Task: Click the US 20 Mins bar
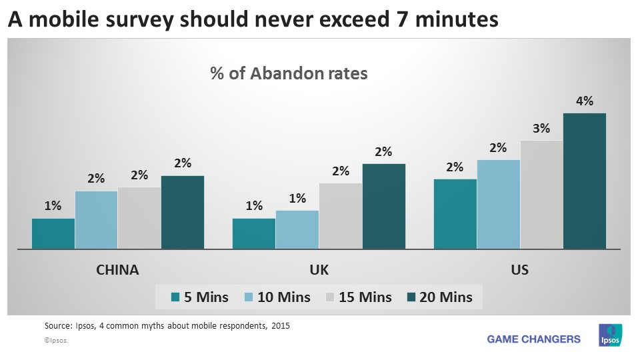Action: tap(585, 181)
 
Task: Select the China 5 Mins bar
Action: tap(53, 233)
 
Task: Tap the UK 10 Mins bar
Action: tap(297, 229)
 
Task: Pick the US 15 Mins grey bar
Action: tap(541, 195)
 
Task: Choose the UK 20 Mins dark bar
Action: tap(383, 206)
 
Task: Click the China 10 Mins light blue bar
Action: tap(97, 220)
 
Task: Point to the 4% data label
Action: tap(585, 101)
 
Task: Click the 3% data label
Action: tap(541, 128)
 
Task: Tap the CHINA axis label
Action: tap(118, 270)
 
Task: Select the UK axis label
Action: tap(319, 270)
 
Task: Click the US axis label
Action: tap(520, 270)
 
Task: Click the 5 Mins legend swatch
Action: tap(175, 297)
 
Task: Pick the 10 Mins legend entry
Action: tap(275, 297)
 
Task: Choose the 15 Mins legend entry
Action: tap(357, 297)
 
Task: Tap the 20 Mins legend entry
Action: tap(437, 297)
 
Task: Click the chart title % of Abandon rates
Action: tap(289, 74)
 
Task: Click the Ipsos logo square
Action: tap(610, 335)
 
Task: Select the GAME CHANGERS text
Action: tap(533, 339)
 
